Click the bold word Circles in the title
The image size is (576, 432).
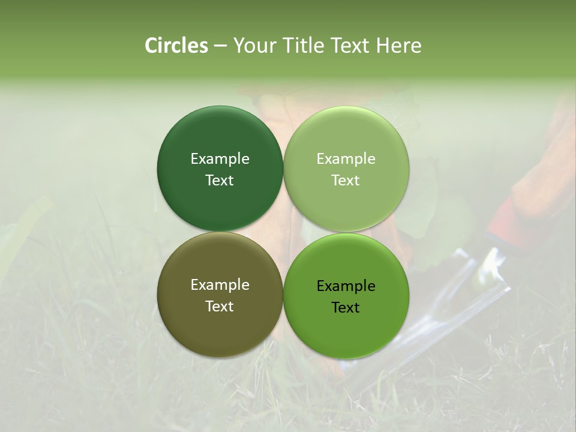pos(176,46)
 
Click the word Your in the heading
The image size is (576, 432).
pos(256,46)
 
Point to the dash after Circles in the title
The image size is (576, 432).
pos(220,46)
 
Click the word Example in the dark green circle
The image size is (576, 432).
pos(220,159)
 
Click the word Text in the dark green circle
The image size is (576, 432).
pos(220,181)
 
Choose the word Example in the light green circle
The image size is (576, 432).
pos(346,159)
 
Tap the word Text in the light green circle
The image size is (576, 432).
pos(346,181)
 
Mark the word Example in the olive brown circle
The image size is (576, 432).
pos(220,285)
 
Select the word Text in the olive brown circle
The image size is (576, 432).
pos(220,307)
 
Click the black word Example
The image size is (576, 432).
pos(346,286)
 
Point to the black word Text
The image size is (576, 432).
pos(346,308)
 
